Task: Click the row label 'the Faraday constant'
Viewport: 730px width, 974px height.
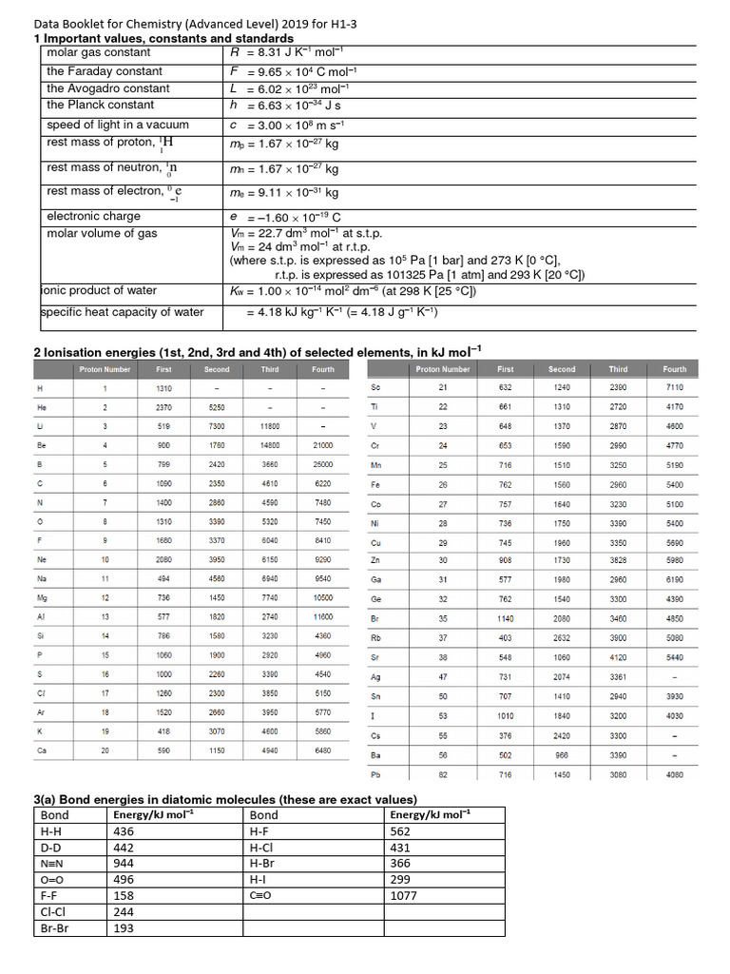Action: pos(105,71)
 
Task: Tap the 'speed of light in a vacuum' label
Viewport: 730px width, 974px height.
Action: pos(118,125)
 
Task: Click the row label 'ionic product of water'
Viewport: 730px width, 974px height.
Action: pos(99,291)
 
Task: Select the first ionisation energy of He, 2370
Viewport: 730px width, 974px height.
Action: pos(163,407)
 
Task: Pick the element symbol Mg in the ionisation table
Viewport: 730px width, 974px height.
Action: pos(40,597)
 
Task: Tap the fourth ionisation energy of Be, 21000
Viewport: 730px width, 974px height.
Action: pos(323,445)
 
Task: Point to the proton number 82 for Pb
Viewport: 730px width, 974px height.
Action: pos(443,775)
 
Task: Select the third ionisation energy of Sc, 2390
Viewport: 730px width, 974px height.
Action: pos(618,388)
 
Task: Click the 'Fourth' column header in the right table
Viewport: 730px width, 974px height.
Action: pos(675,369)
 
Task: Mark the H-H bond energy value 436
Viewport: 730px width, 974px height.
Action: pos(124,831)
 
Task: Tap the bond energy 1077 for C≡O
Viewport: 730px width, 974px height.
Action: pos(404,896)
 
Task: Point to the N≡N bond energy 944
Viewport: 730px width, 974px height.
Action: pos(124,864)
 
